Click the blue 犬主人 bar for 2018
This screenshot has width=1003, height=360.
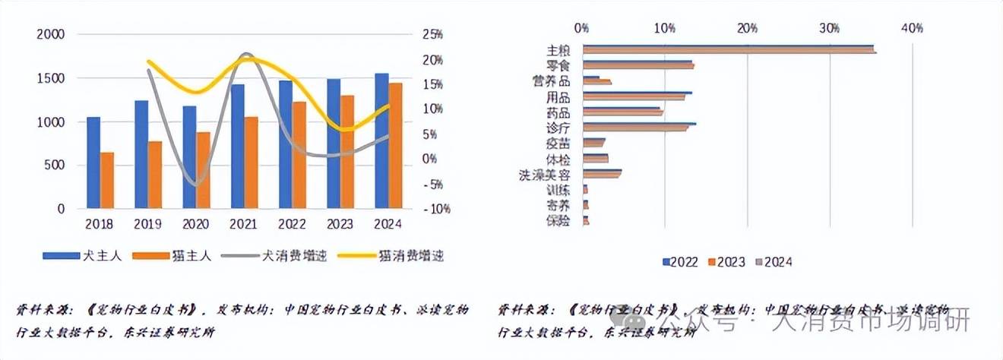click(93, 163)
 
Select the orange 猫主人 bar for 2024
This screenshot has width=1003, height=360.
click(396, 145)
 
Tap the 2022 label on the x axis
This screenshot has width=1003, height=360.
click(292, 224)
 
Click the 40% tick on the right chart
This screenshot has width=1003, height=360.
click(912, 28)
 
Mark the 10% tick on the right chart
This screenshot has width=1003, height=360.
click(665, 28)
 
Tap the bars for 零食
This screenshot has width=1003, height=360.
click(638, 65)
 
